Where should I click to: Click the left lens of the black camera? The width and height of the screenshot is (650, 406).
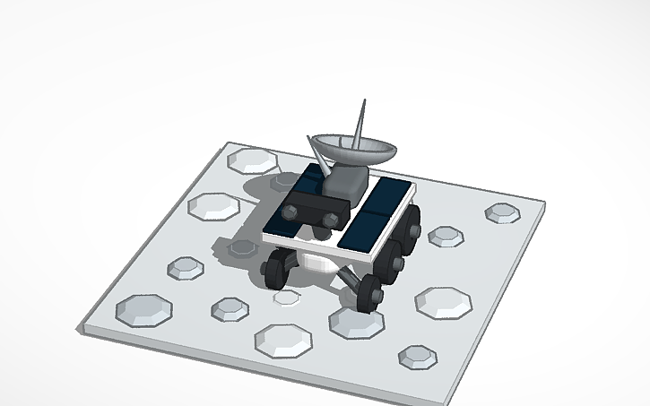[x=292, y=212]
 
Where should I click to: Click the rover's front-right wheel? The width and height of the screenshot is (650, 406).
[x=369, y=292]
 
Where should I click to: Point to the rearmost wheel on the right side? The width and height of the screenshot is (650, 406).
[x=413, y=220]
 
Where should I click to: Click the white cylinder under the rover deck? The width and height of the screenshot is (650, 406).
[x=316, y=262]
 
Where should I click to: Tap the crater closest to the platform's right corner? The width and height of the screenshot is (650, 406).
[x=504, y=213]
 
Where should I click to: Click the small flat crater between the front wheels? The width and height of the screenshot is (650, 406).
[x=287, y=297]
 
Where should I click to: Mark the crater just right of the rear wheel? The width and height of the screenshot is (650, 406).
[x=445, y=237]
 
